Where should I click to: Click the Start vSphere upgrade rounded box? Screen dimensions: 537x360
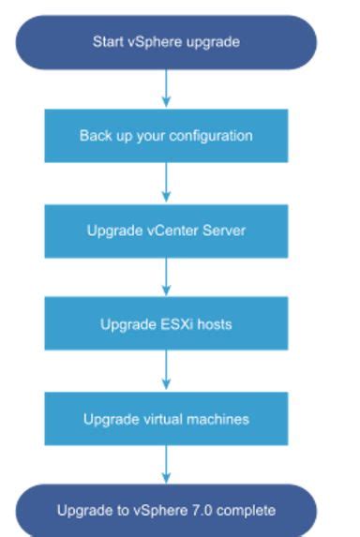(166, 42)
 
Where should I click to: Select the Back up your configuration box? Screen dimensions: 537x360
(166, 135)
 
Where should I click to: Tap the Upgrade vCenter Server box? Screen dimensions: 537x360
(166, 230)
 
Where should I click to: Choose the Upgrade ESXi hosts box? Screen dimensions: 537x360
(166, 324)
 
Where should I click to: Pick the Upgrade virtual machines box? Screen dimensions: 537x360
(166, 419)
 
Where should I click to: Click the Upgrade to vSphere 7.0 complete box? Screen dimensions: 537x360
(166, 511)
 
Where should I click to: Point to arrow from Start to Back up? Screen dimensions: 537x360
(166, 88)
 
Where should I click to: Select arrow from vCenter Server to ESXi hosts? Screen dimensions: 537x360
(166, 276)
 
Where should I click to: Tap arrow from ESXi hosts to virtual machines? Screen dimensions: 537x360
(166, 371)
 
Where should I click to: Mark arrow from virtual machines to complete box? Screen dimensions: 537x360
(166, 465)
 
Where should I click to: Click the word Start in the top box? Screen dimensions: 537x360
(107, 42)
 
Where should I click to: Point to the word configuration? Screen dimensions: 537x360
(217, 136)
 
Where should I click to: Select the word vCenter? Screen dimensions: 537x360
(173, 230)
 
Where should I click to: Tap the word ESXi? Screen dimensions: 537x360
(170, 324)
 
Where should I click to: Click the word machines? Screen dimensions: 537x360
(220, 419)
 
